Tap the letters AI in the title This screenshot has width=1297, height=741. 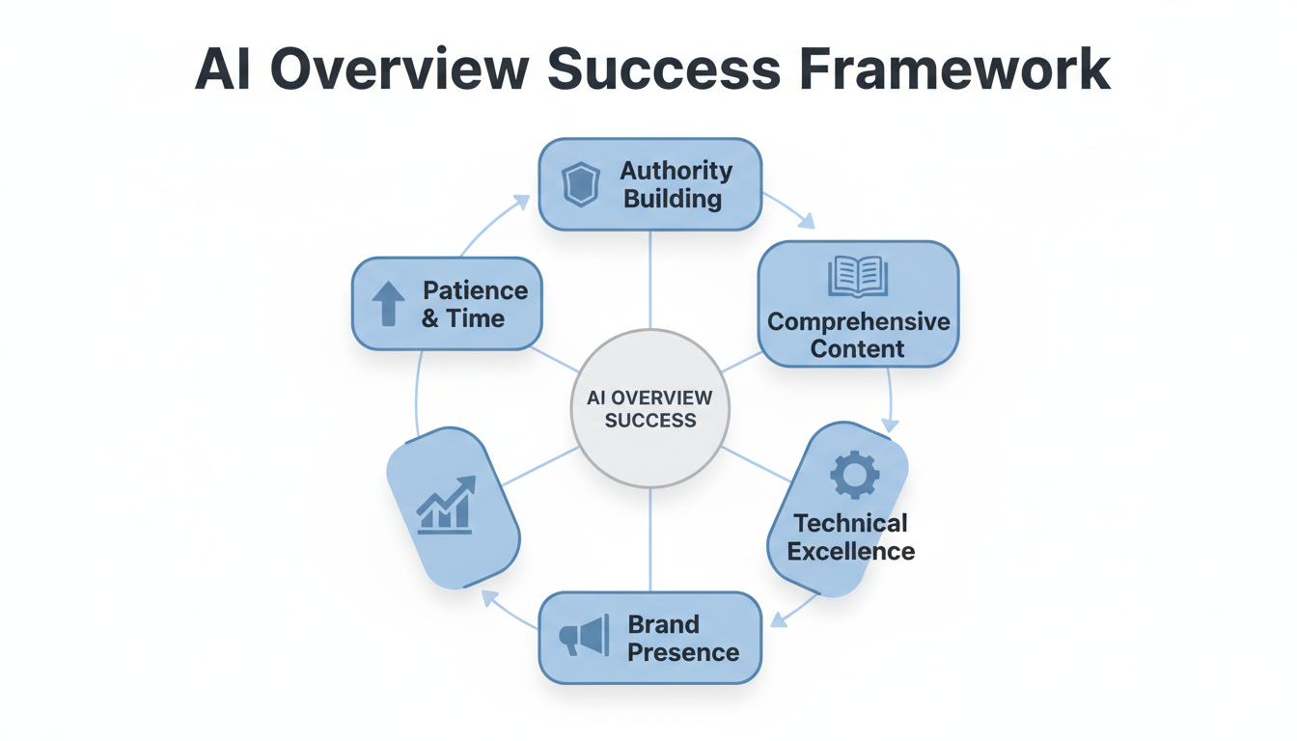225,69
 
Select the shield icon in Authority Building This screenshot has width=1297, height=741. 581,184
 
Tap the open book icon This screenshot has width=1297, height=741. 857,277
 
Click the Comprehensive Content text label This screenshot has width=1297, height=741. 858,335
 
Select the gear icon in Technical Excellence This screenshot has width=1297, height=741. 854,475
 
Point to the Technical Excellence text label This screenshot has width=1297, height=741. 850,537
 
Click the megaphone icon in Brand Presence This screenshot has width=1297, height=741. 586,637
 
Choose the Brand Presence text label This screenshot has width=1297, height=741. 682,638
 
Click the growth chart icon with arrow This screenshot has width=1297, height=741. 447,505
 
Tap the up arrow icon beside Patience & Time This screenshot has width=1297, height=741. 388,303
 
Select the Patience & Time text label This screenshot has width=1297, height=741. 474,304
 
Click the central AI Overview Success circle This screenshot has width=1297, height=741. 649,408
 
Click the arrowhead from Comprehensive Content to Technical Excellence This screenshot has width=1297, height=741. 890,425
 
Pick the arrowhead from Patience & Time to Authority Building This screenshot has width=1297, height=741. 521,202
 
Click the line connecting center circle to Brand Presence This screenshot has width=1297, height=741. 649,540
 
